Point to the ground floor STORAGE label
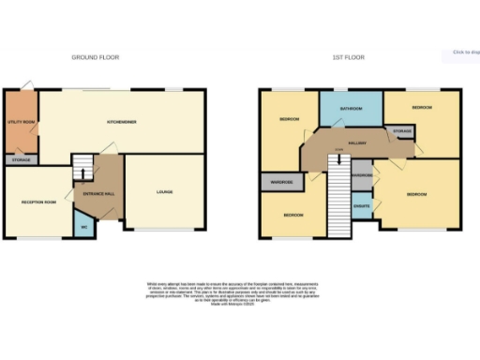click(x=21, y=160)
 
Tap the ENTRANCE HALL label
click(x=100, y=193)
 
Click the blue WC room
click(x=83, y=226)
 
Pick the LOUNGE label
click(x=164, y=193)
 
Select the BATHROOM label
click(x=352, y=109)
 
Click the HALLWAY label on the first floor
click(x=356, y=142)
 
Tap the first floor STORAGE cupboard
click(x=402, y=132)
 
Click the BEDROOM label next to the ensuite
click(x=416, y=194)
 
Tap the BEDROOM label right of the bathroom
click(x=423, y=109)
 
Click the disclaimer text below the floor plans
click(x=240, y=291)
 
